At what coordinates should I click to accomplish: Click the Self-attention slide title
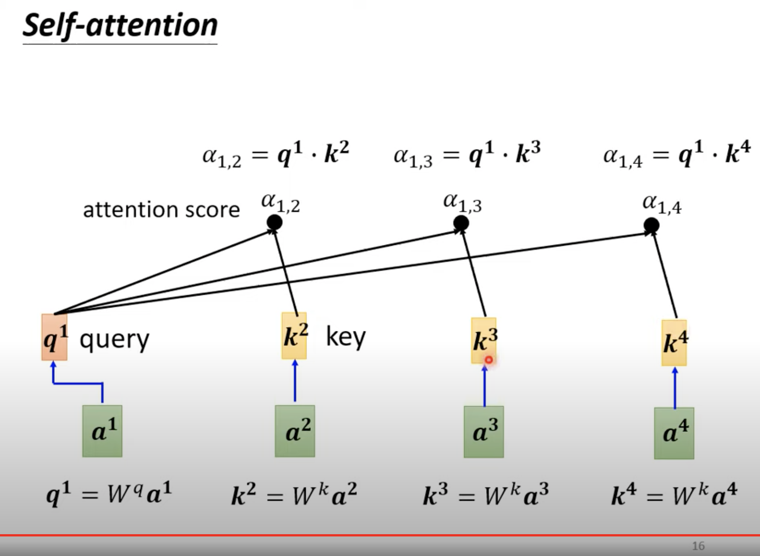click(120, 26)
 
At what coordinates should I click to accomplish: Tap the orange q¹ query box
click(55, 338)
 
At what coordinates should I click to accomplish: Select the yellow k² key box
click(294, 336)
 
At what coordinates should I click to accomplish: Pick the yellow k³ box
click(484, 340)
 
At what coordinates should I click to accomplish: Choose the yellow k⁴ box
click(674, 342)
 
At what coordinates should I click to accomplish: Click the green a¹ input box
click(102, 431)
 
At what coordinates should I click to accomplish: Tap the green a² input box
click(295, 431)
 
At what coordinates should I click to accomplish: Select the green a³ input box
click(484, 432)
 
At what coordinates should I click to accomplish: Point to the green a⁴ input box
click(674, 433)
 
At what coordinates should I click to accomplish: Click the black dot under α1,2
click(274, 222)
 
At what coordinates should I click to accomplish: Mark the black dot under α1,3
click(461, 223)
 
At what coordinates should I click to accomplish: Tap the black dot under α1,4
click(651, 226)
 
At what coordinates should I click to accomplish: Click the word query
click(114, 340)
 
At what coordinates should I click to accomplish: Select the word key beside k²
click(345, 337)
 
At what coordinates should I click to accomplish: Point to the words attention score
click(161, 210)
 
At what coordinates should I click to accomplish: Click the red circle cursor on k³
click(489, 360)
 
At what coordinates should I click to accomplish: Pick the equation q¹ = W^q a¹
click(109, 494)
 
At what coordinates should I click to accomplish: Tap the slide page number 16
click(698, 546)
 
